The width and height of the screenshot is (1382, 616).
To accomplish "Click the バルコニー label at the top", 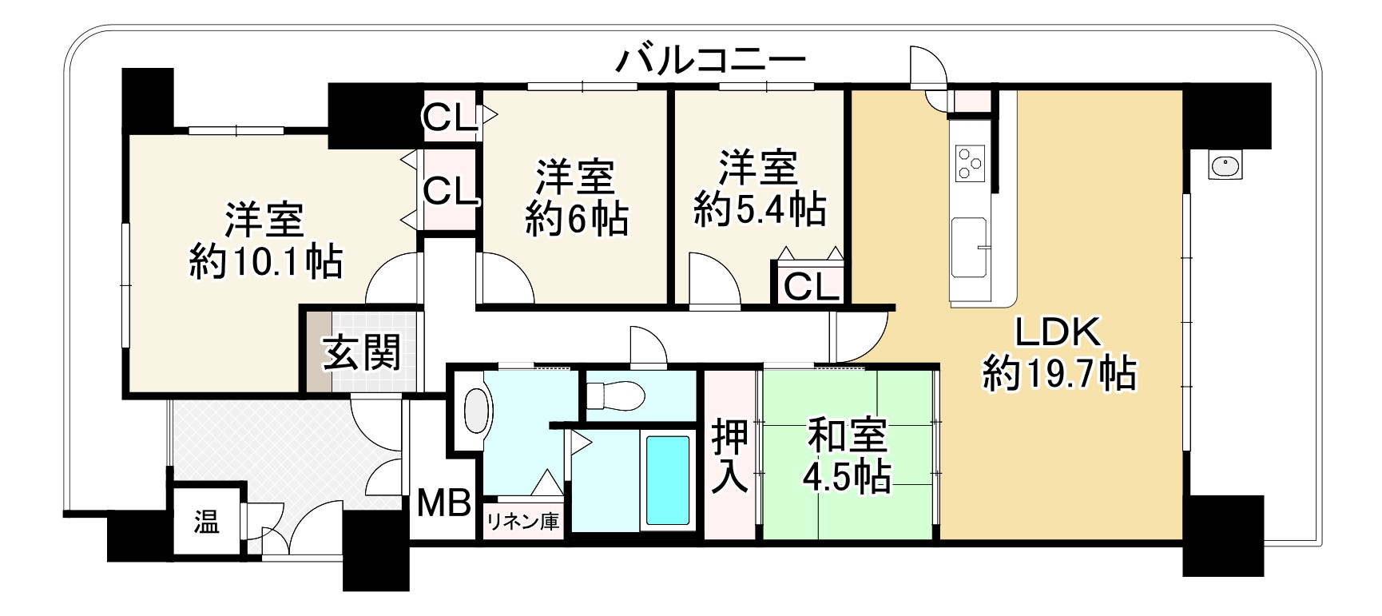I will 710,60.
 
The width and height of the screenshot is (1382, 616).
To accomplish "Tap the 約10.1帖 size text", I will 266,261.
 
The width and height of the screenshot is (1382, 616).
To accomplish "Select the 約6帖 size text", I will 577,219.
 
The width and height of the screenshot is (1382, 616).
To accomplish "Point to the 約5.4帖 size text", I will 760,209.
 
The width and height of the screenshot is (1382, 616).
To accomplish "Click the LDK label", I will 1058,332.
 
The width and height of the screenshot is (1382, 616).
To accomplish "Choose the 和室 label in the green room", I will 847,435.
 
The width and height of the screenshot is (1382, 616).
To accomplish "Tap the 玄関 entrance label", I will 362,352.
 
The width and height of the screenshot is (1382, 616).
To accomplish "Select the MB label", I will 445,503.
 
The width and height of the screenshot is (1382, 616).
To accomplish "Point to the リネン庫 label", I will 522,522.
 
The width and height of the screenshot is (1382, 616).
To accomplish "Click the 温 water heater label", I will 206,523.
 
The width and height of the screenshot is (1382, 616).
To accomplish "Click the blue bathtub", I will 667,479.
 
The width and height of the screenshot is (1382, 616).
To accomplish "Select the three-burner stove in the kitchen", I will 970,164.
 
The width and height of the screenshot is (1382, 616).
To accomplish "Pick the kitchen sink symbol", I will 970,247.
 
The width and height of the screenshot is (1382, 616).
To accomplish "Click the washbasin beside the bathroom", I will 476,411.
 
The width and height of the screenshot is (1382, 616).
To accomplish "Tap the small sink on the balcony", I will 1224,166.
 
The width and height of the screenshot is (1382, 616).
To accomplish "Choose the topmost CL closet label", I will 450,117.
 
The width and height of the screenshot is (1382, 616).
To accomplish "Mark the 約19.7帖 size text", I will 1059,373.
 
